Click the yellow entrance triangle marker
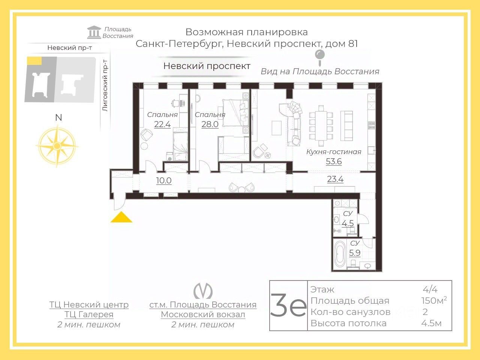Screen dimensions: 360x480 (121, 217)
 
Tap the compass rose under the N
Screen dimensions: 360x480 (57, 145)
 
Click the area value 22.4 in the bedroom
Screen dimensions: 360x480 (162, 124)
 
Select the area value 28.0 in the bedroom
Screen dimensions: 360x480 (210, 124)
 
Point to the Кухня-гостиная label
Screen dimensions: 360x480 (333, 152)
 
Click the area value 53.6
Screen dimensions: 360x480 (333, 162)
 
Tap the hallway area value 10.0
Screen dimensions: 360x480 (163, 181)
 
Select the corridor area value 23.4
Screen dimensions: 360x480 (335, 179)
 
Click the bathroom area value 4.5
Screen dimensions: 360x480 (348, 223)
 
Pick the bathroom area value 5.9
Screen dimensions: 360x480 (354, 253)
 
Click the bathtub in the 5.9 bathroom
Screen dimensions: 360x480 (340, 254)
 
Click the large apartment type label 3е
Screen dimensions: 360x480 (288, 306)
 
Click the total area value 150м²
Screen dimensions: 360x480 (433, 300)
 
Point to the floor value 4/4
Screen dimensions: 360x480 (430, 289)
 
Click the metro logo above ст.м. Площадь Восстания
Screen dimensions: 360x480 (203, 291)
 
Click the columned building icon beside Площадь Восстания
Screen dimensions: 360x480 (94, 33)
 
